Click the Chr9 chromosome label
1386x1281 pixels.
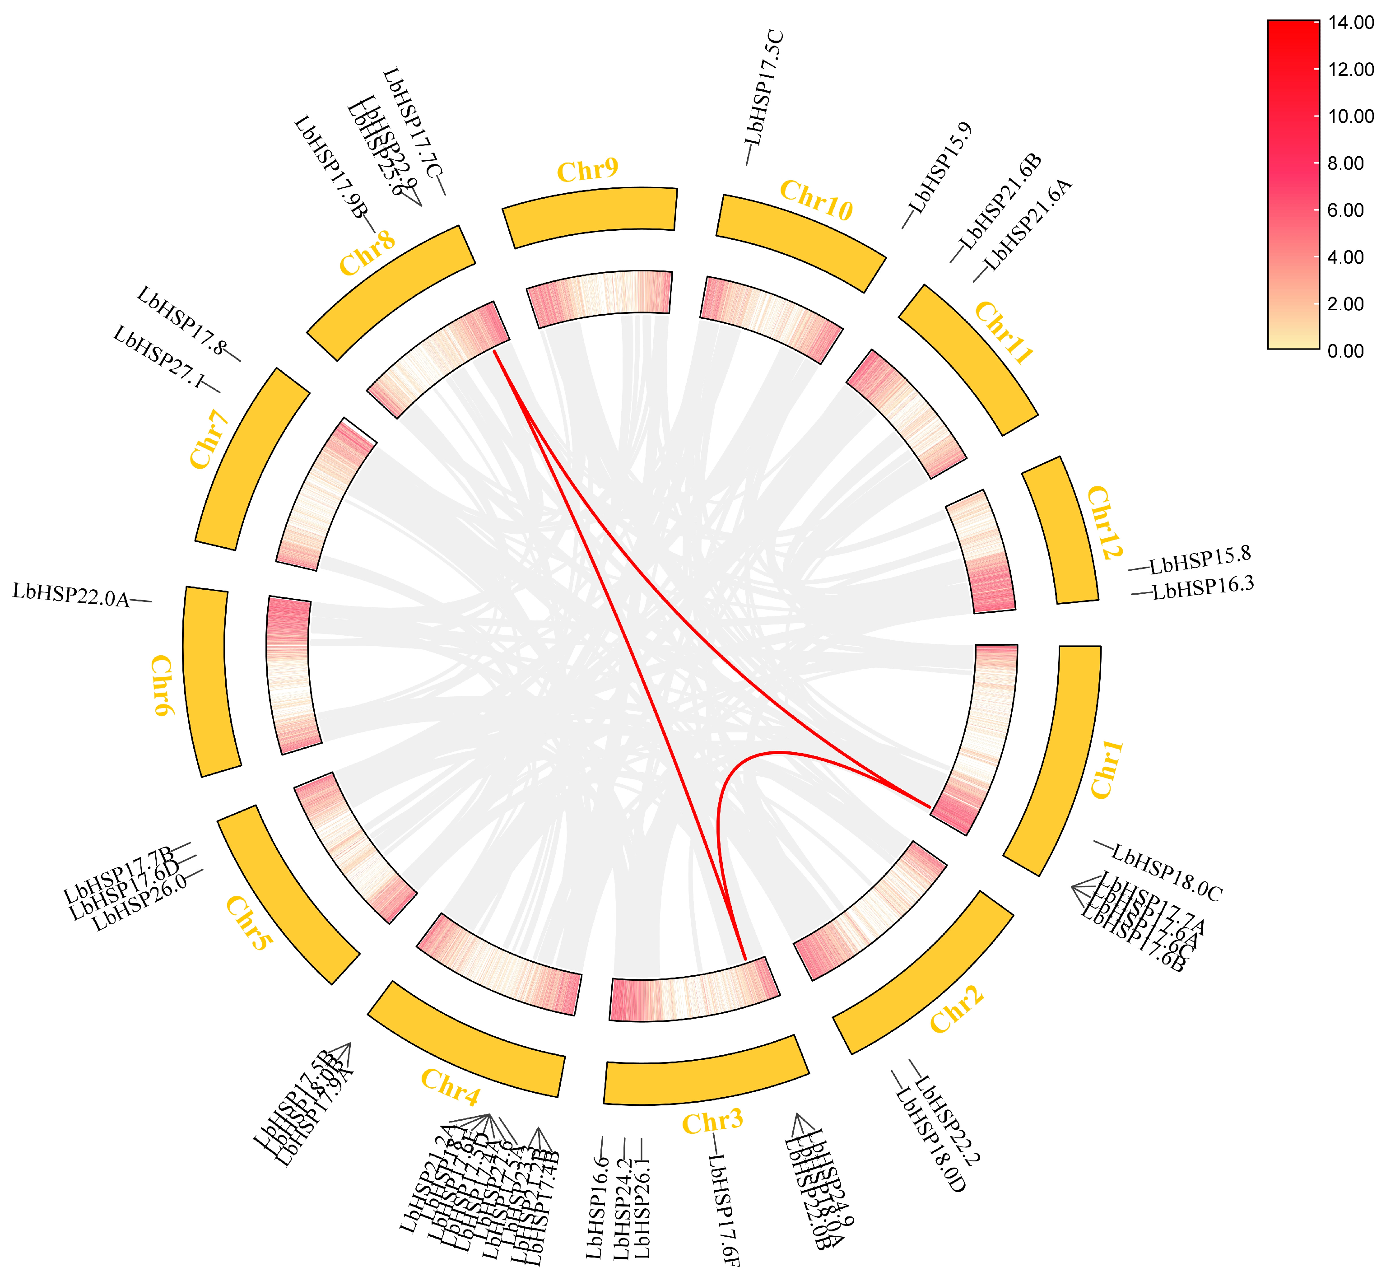tap(587, 170)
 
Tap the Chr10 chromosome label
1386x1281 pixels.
tap(816, 201)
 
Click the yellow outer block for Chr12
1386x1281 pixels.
tap(1060, 530)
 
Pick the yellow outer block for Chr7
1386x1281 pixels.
tap(251, 459)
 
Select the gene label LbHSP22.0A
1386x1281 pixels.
tap(71, 596)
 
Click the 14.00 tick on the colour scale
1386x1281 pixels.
tap(1350, 23)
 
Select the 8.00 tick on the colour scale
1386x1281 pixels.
tap(1345, 163)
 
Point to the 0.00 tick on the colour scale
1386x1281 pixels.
tap(1345, 351)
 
